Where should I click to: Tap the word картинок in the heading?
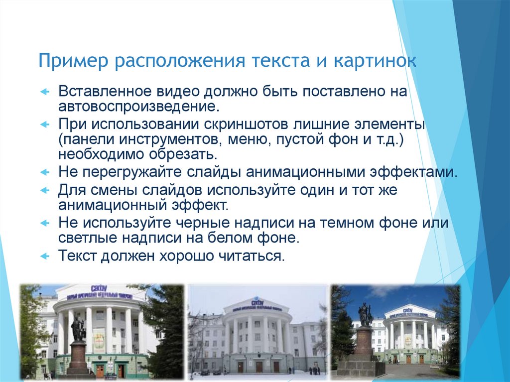click(x=374, y=62)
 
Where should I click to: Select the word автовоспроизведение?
click(x=138, y=106)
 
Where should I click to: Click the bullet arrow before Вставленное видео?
click(x=44, y=92)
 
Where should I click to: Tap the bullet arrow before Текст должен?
click(x=44, y=256)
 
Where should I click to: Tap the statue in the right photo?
click(x=365, y=314)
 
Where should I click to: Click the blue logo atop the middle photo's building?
click(x=257, y=302)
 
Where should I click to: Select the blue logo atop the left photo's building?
click(x=99, y=288)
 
